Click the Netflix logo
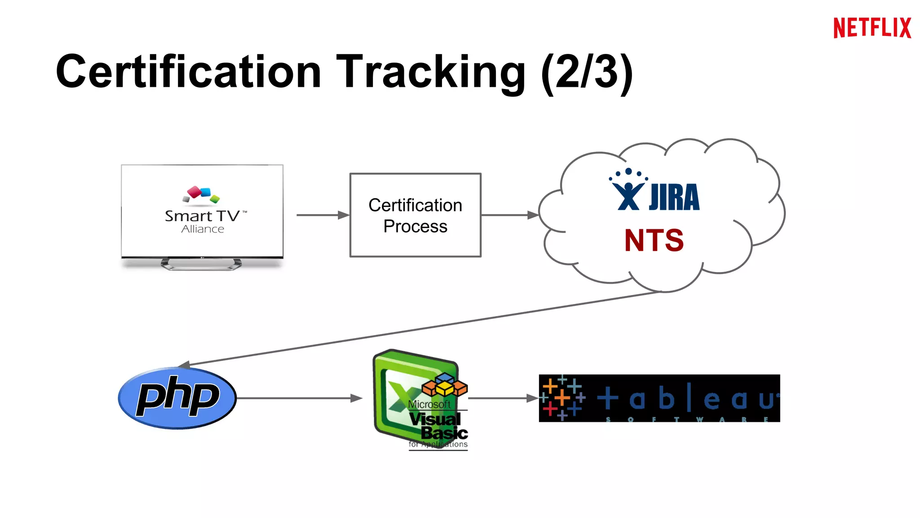click(x=872, y=28)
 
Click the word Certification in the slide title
click(x=189, y=72)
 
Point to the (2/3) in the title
click(x=587, y=72)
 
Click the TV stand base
click(x=201, y=264)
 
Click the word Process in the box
click(x=415, y=226)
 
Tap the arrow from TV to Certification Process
click(x=322, y=215)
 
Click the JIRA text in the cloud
click(x=674, y=197)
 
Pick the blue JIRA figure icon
click(x=628, y=191)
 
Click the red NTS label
click(x=654, y=240)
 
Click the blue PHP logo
click(x=177, y=397)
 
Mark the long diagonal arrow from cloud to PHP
click(x=422, y=328)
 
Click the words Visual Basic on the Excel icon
click(x=438, y=425)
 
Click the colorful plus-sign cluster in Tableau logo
click(x=562, y=397)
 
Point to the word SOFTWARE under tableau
click(x=687, y=419)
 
